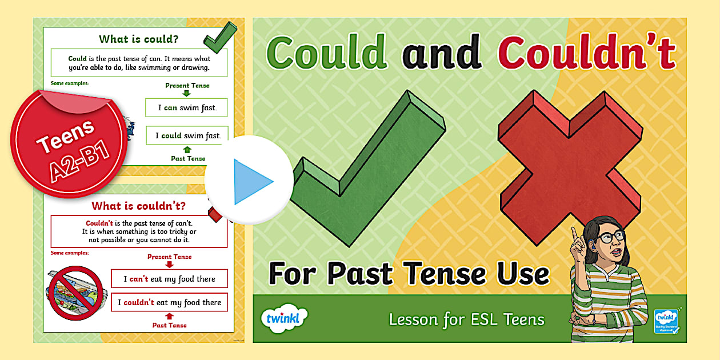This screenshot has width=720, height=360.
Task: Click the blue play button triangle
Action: pyautogui.click(x=252, y=182)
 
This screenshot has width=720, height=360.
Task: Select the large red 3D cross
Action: pyautogui.click(x=566, y=166)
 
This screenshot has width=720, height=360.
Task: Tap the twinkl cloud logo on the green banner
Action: pyautogui.click(x=283, y=318)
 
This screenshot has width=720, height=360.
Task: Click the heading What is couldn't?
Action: pyautogui.click(x=138, y=205)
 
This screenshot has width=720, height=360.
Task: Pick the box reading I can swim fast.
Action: pyautogui.click(x=186, y=107)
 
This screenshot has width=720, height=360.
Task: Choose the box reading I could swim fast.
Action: pyautogui.click(x=186, y=135)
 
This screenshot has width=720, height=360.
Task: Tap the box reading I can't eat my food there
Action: pyautogui.click(x=170, y=279)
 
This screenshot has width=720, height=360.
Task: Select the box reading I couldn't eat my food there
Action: pyautogui.click(x=170, y=302)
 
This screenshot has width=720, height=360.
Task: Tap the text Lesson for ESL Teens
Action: pyautogui.click(x=467, y=319)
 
